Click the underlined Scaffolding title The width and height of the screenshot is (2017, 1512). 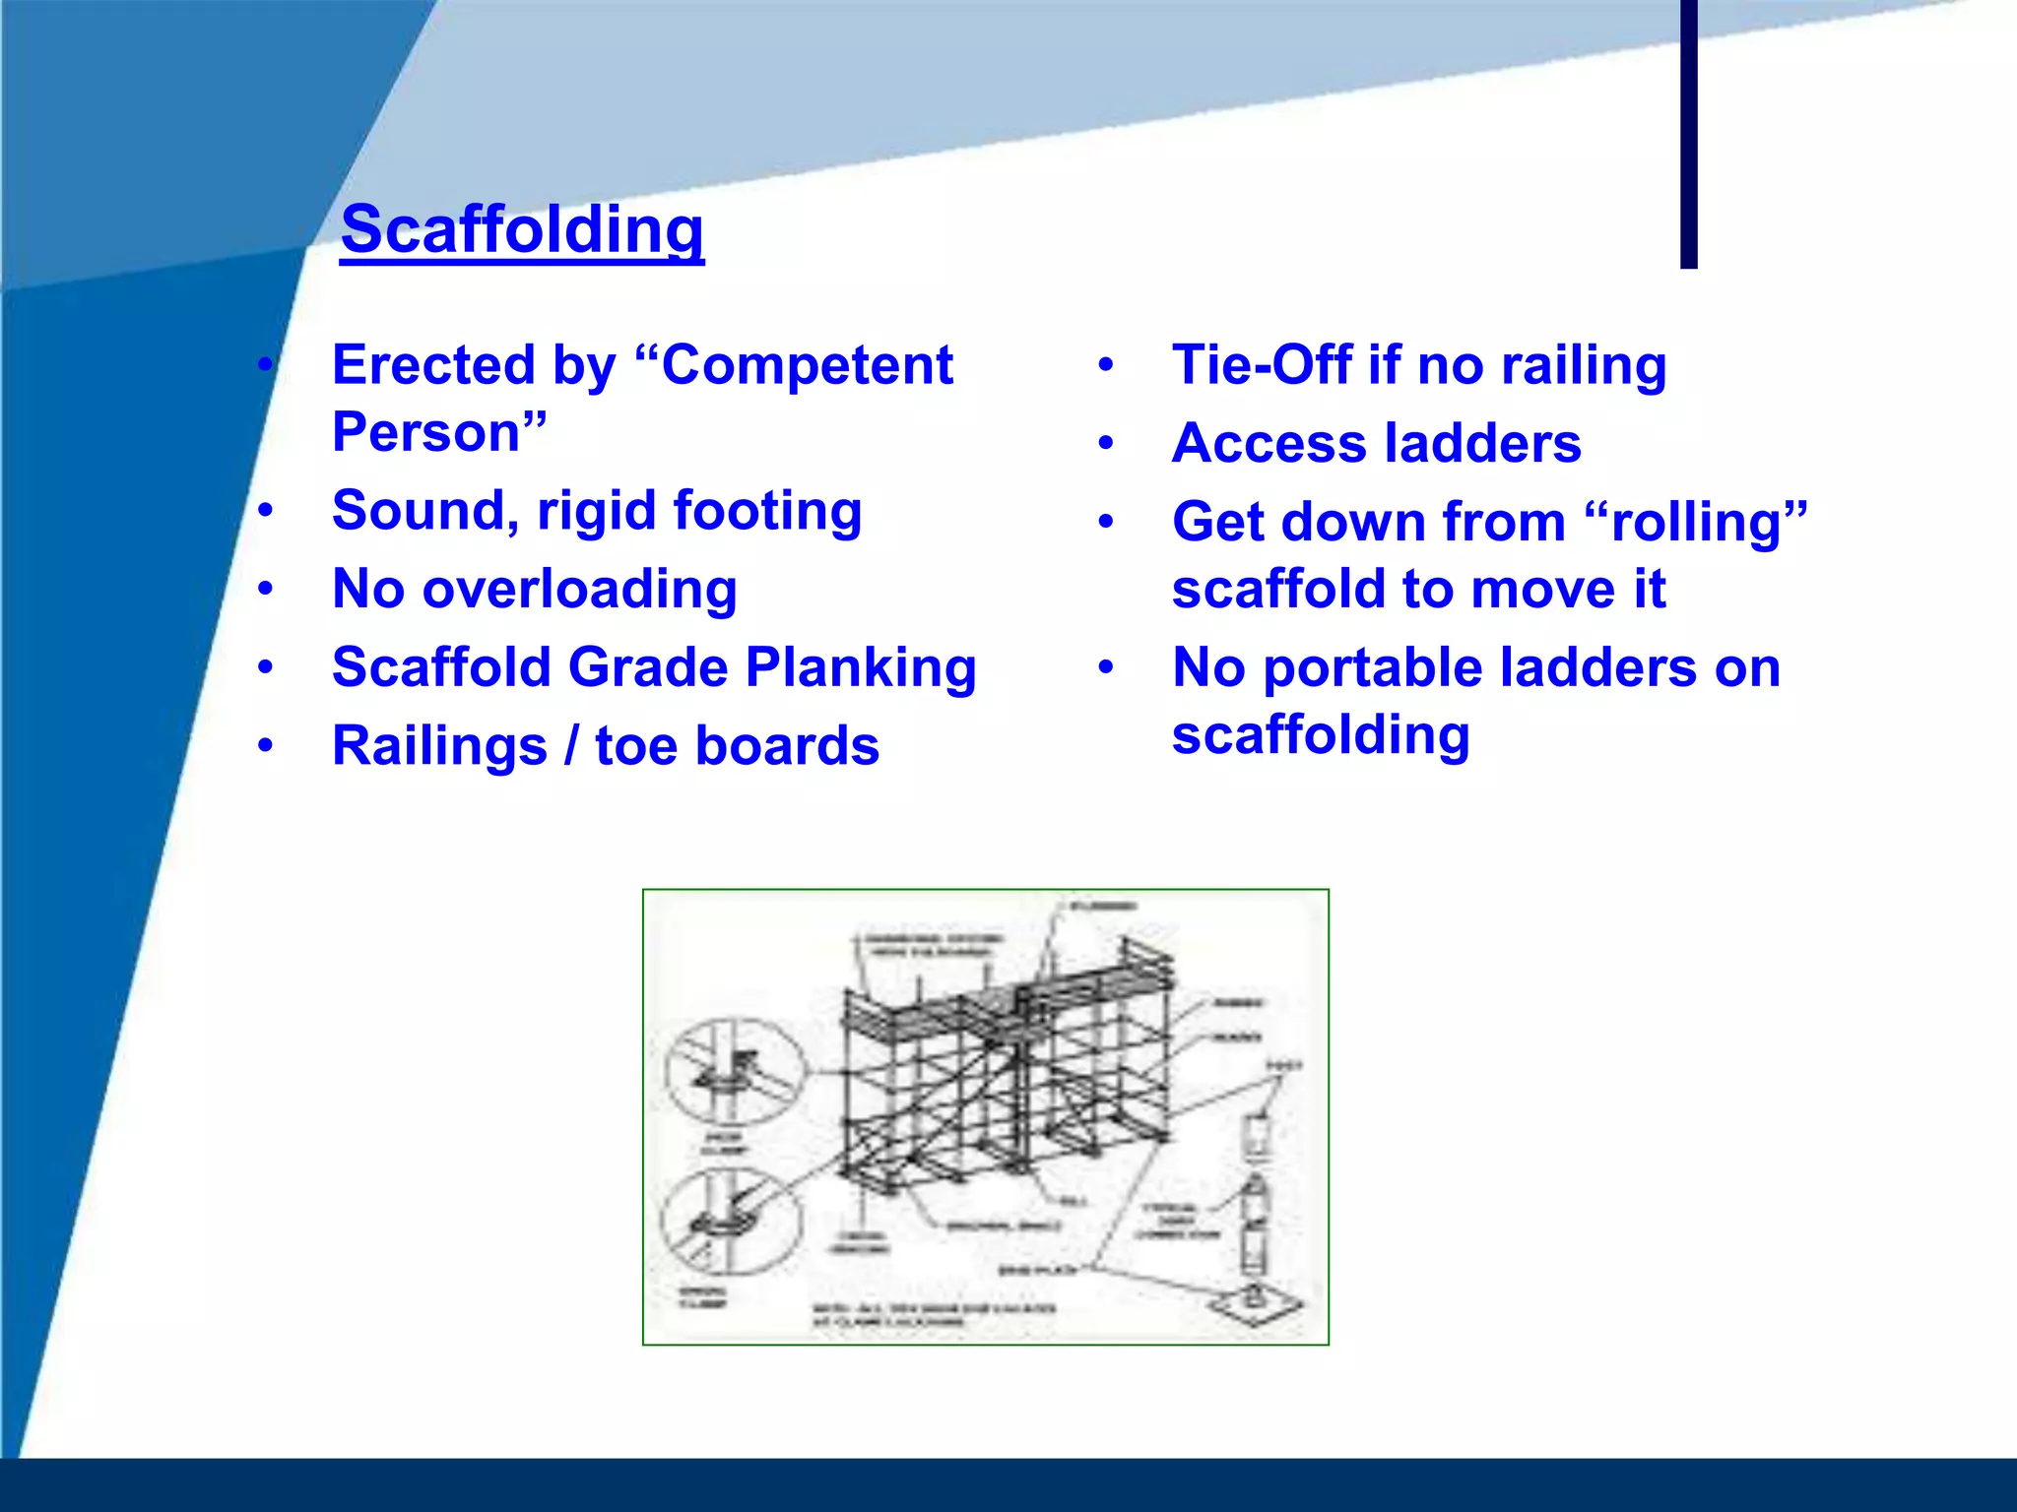coord(522,230)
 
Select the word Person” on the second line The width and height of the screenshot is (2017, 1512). coord(439,432)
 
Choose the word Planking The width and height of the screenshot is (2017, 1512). coord(861,667)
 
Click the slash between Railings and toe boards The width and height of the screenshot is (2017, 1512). coord(571,745)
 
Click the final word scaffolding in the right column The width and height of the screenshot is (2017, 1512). coord(1320,735)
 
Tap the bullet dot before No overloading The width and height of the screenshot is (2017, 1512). coord(265,590)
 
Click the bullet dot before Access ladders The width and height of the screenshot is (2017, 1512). coord(1106,444)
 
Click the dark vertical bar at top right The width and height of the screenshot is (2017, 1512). coord(1688,133)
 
